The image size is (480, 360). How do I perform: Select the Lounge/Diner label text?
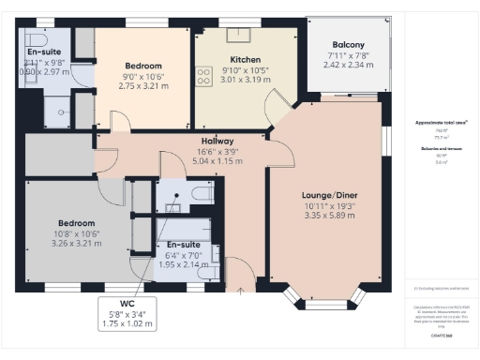[323, 193]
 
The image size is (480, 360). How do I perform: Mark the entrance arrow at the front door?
[242, 292]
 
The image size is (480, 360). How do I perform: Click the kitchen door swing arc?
[275, 103]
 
